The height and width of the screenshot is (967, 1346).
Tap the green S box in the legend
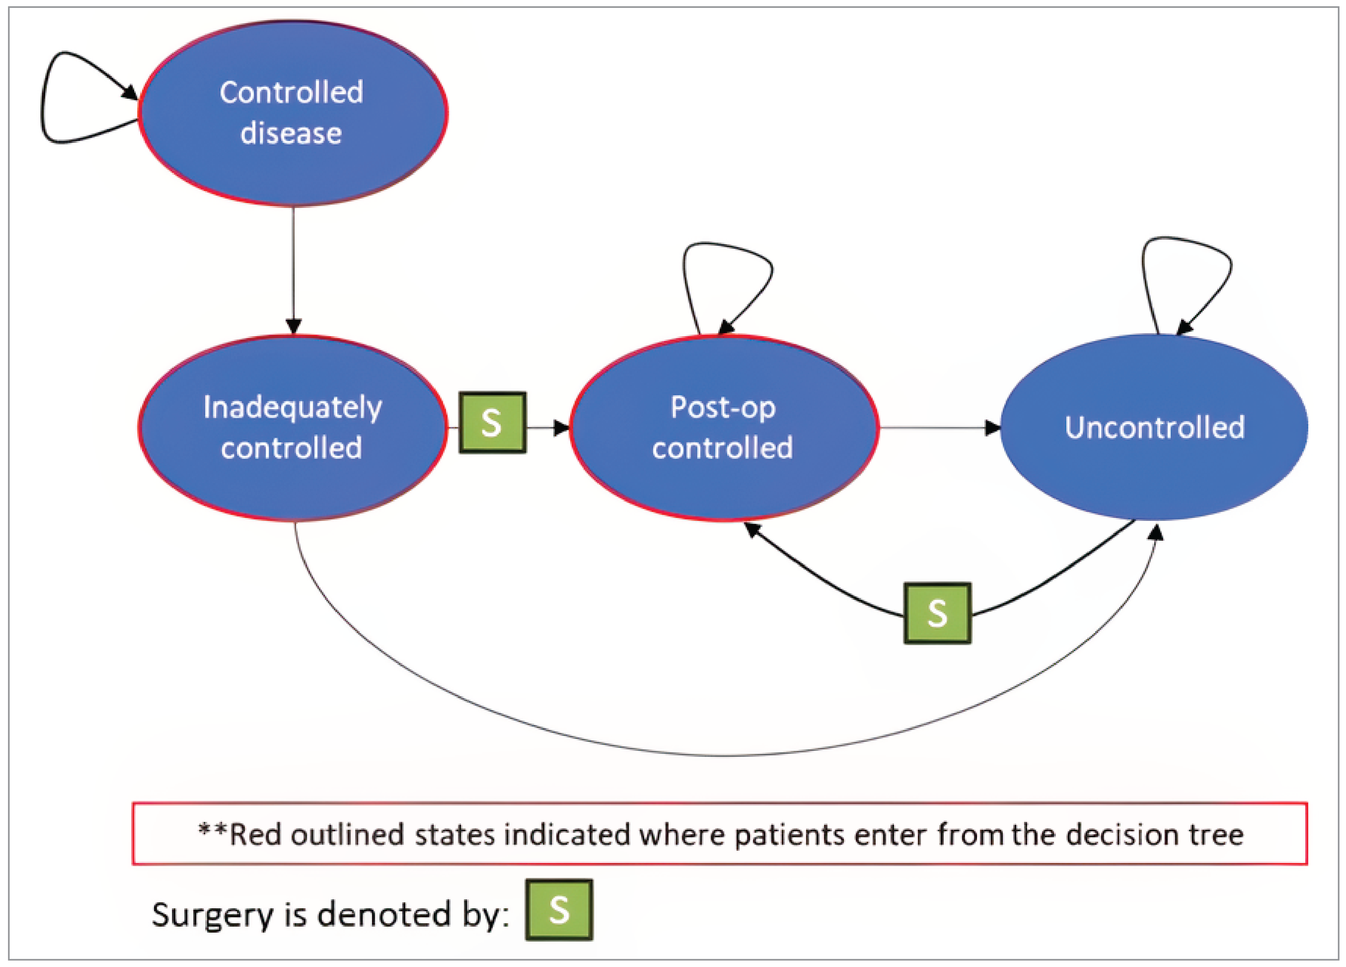click(x=559, y=909)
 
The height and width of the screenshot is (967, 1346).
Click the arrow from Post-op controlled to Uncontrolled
click(x=938, y=427)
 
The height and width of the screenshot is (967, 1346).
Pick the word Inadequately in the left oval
click(x=293, y=408)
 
